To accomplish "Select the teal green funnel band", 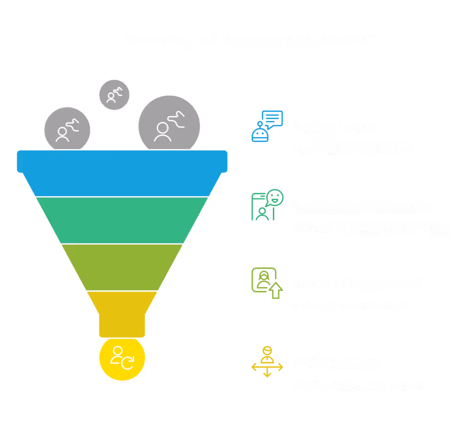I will [x=122, y=220].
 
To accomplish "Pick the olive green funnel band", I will [x=122, y=267].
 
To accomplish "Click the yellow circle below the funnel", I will [x=122, y=358].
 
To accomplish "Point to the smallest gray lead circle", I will [x=114, y=95].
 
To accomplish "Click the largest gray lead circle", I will [x=169, y=125].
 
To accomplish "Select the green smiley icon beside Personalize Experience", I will [x=267, y=204].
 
